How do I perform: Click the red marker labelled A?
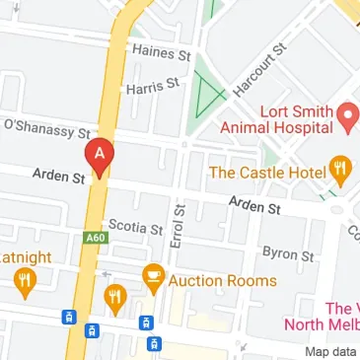click(x=100, y=157)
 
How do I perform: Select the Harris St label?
click(x=152, y=87)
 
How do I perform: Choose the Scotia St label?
click(x=135, y=227)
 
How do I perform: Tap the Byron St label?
click(x=288, y=253)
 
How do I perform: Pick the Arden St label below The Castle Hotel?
click(x=254, y=205)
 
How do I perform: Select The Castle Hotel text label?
click(x=267, y=173)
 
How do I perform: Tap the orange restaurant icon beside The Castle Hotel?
click(x=340, y=173)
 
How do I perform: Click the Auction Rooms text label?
click(x=223, y=281)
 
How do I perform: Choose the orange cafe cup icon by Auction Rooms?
click(x=153, y=278)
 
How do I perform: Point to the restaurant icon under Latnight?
click(x=24, y=283)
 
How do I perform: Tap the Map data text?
click(x=330, y=352)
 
